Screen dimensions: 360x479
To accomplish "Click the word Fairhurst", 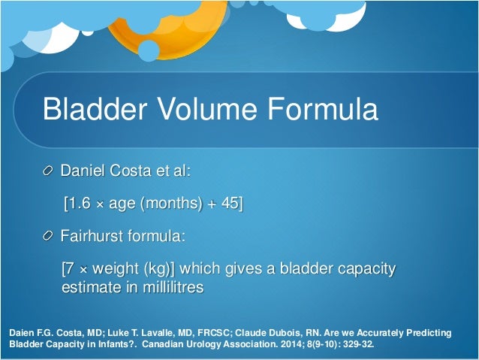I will pos(92,236).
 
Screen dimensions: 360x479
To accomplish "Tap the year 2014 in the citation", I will pos(306,346).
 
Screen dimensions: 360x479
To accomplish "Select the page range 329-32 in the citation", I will pos(364,346).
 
